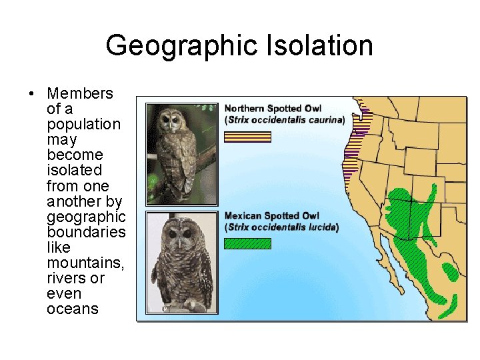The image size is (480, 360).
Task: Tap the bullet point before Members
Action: (x=31, y=94)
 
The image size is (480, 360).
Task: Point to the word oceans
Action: (x=72, y=309)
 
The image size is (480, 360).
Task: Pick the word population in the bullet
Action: (x=83, y=125)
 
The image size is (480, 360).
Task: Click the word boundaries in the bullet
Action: (x=86, y=232)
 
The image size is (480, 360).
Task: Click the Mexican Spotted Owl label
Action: (x=272, y=216)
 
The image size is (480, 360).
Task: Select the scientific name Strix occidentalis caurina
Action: (x=285, y=120)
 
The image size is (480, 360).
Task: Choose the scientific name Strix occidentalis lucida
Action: (x=282, y=227)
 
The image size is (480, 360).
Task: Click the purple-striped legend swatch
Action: (x=247, y=137)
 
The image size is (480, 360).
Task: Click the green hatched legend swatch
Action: (x=247, y=244)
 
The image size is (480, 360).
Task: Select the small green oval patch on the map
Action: (x=451, y=271)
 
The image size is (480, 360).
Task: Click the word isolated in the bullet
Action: (x=73, y=171)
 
